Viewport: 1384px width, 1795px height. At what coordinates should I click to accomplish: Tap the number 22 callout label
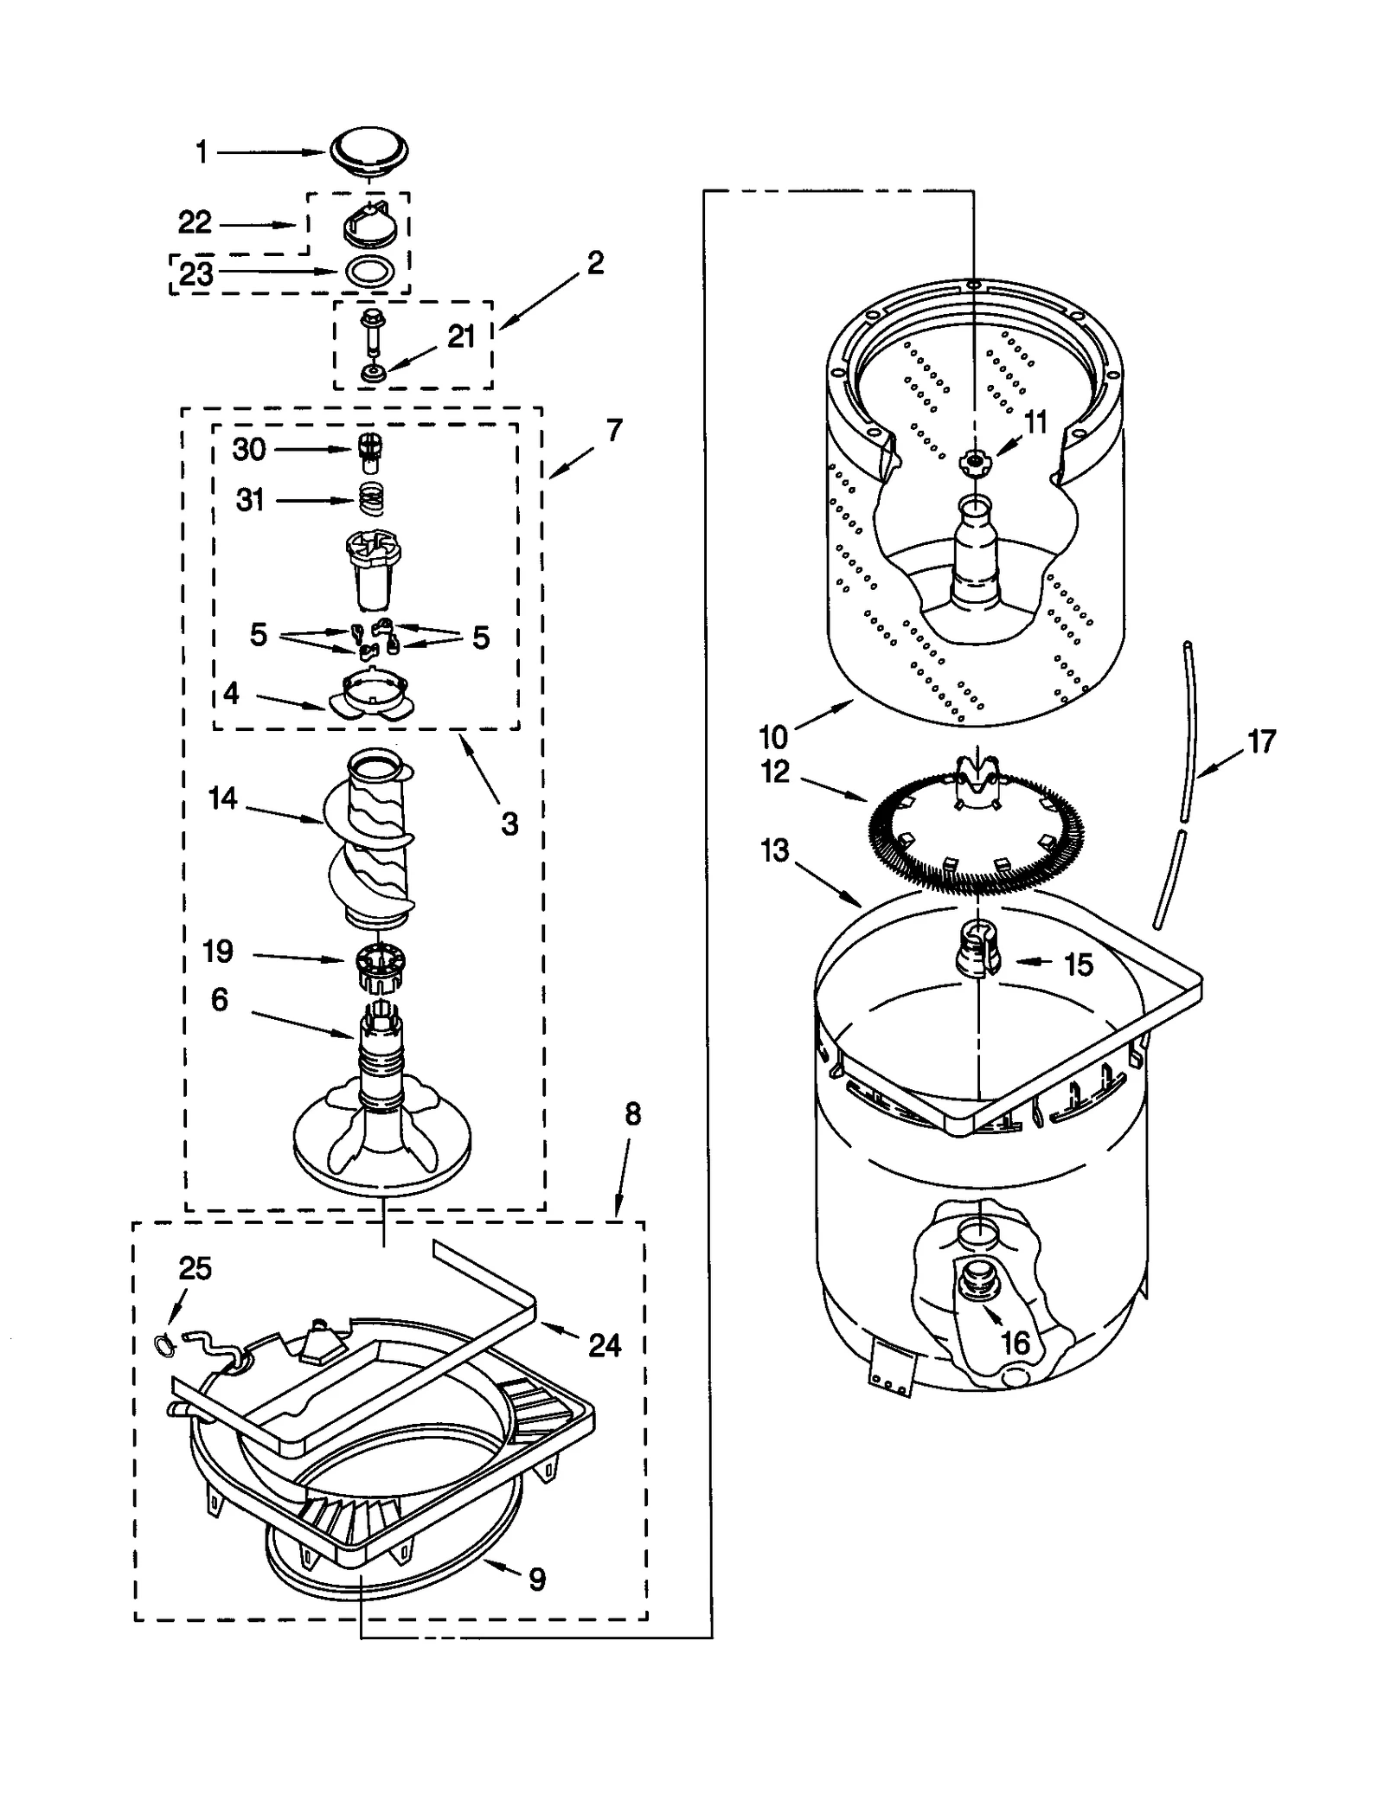(195, 223)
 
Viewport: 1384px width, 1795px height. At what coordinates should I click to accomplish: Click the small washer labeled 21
(374, 374)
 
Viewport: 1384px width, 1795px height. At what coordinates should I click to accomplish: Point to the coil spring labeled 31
(370, 499)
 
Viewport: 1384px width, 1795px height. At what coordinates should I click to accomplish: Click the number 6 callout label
(220, 1000)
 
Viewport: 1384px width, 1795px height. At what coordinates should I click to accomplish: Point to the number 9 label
(537, 1580)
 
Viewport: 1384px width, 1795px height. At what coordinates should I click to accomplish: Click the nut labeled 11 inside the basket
(974, 463)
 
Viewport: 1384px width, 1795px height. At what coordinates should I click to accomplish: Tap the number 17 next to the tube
(1262, 741)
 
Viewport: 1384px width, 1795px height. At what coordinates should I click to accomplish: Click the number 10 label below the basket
(773, 737)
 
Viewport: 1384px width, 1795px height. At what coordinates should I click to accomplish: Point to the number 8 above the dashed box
(632, 1115)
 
